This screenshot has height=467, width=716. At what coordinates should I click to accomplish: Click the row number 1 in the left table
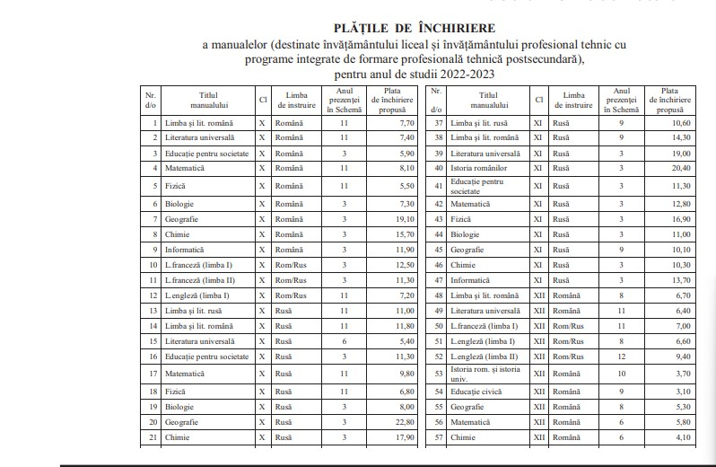tap(155, 122)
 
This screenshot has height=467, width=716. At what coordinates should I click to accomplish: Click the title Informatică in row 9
tap(184, 249)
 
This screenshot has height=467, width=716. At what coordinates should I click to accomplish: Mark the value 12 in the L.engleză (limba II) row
tap(622, 357)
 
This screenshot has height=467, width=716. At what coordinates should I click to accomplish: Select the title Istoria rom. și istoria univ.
tap(485, 374)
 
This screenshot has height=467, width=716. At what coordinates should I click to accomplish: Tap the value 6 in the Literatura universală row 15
tap(344, 341)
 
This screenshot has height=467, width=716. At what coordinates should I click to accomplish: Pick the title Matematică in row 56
tap(470, 421)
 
